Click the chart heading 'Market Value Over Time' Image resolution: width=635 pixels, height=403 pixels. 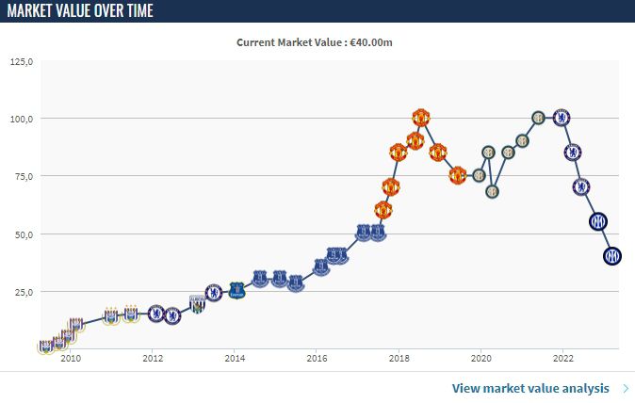tap(80, 11)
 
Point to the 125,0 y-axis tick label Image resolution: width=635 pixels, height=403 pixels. tap(21, 62)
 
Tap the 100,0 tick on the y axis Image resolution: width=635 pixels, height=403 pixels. tap(21, 120)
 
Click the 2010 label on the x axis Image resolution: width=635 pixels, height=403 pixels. tap(71, 359)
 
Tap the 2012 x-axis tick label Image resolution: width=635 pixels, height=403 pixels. tap(153, 359)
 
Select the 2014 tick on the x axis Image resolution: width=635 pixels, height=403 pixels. tap(235, 359)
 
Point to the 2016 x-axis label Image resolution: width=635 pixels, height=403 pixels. tap(317, 359)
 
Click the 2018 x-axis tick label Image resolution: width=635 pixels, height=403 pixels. tap(399, 359)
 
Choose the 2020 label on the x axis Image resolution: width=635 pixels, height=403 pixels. tap(480, 359)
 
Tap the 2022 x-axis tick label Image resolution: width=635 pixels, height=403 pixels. tap(562, 359)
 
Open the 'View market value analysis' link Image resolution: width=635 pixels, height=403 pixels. tap(532, 388)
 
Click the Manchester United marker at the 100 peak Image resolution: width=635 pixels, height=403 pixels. tap(421, 118)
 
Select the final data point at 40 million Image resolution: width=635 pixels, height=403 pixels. tap(612, 255)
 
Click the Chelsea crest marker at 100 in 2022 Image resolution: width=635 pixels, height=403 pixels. tap(562, 118)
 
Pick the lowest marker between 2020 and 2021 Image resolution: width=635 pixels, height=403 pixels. tap(492, 191)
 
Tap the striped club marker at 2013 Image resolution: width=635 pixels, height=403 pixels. tap(198, 304)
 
